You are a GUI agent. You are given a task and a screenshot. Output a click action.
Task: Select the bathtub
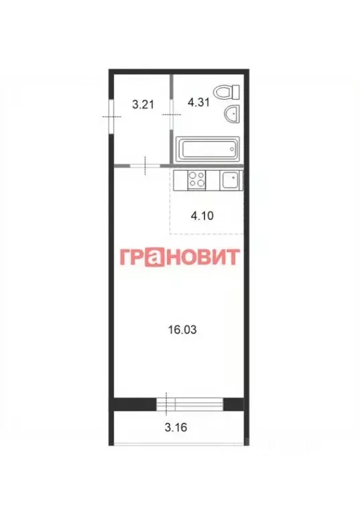click(206, 149)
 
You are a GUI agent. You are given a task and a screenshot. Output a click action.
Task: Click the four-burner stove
click(197, 179)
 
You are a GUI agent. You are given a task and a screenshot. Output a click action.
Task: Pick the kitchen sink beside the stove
click(230, 179)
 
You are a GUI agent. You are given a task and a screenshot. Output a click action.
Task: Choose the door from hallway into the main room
click(145, 165)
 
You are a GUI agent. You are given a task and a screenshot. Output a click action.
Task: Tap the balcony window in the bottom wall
click(189, 403)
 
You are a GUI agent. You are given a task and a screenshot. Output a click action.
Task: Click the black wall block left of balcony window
click(133, 403)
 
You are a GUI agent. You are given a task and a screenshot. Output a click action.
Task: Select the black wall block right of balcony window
click(233, 403)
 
